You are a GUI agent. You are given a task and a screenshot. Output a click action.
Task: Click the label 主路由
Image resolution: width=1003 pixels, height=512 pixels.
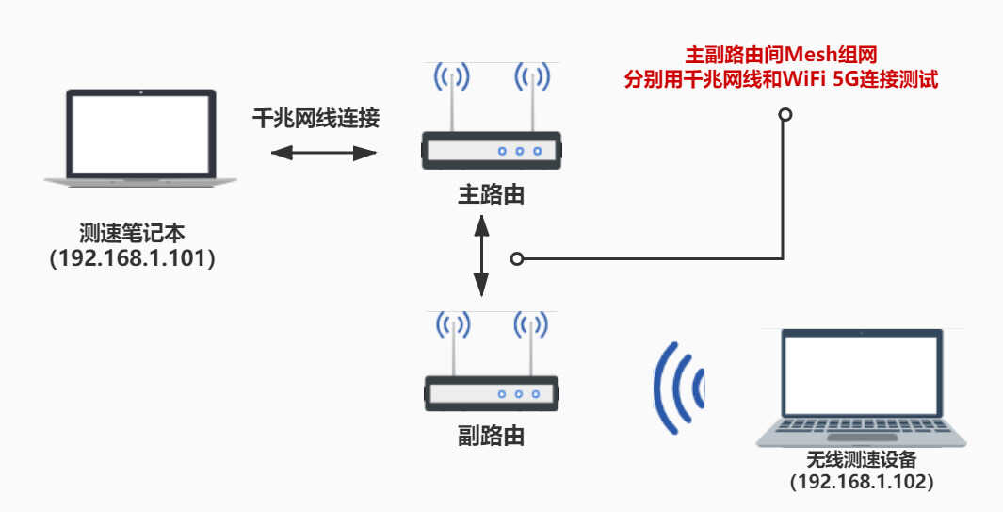[x=491, y=195]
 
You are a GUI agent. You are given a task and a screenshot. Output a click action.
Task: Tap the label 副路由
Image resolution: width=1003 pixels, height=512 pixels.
[x=491, y=436]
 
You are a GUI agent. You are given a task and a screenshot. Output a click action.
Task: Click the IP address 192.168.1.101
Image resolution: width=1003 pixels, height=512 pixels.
[x=133, y=258]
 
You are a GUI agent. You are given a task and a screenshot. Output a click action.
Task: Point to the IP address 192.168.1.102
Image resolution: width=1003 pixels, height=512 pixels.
[x=862, y=481]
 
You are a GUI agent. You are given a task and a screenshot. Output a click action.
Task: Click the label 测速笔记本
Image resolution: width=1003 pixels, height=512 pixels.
[x=133, y=233]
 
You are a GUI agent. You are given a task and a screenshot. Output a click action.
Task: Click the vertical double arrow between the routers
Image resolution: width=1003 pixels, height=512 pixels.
[x=481, y=255]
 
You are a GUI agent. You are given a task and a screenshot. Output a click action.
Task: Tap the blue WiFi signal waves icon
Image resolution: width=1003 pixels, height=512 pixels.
[x=680, y=387]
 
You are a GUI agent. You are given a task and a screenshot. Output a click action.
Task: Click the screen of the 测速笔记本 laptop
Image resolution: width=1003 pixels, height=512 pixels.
[x=140, y=132]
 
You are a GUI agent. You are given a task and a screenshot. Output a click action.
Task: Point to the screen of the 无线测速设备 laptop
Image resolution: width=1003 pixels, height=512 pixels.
[x=862, y=375]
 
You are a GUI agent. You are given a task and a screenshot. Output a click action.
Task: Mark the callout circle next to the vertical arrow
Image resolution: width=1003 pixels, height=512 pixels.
[x=516, y=258]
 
